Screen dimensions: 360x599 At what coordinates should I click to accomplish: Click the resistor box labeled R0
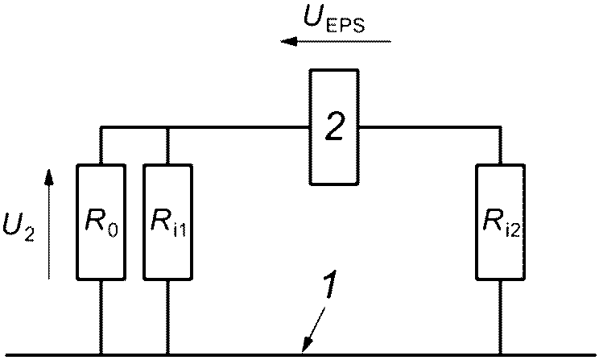point(101,221)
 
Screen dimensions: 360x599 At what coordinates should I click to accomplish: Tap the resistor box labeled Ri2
point(500,221)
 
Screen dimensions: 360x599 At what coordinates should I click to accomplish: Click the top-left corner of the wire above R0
point(101,127)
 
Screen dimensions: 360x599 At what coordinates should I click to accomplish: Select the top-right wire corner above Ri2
point(500,127)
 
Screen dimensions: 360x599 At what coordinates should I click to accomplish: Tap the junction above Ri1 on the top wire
point(167,127)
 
